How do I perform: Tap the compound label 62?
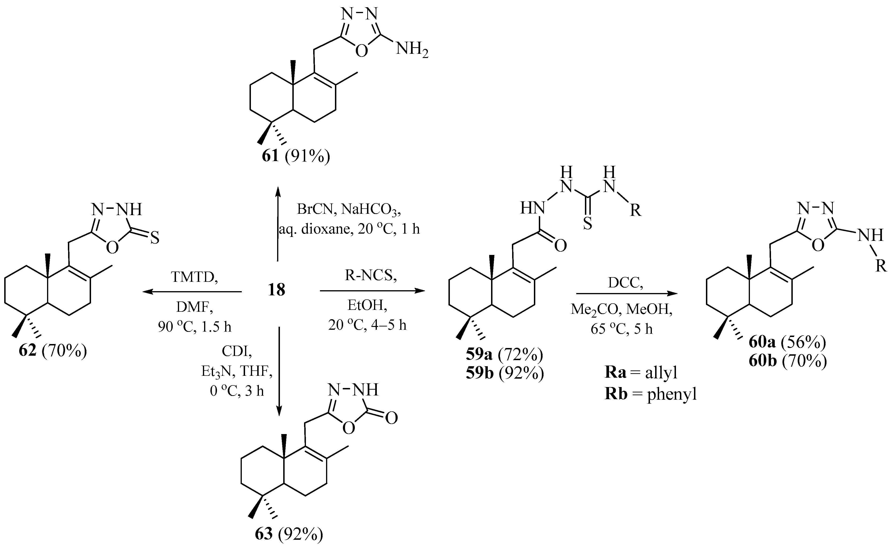[28, 351]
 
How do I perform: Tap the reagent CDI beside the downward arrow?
[238, 351]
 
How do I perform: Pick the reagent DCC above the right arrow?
[625, 283]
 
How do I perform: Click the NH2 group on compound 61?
[412, 49]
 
